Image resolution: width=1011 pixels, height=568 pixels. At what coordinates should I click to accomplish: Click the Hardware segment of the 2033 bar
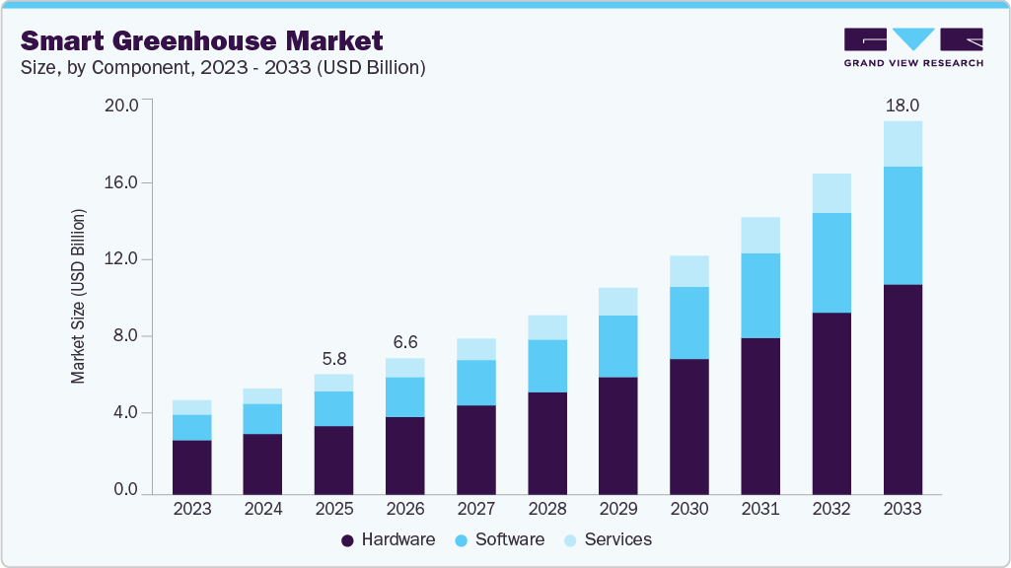click(x=903, y=390)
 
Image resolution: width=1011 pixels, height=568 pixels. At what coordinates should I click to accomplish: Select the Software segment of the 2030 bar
click(x=689, y=322)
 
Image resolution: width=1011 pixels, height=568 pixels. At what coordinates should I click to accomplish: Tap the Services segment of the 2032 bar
click(x=831, y=193)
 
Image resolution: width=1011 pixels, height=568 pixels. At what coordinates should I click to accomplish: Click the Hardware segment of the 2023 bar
click(x=191, y=466)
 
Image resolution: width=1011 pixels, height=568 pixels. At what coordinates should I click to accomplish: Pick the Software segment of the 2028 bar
click(x=547, y=366)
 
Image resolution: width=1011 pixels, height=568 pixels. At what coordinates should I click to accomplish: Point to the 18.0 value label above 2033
click(x=903, y=106)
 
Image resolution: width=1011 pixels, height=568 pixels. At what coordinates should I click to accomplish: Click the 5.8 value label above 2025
click(x=333, y=359)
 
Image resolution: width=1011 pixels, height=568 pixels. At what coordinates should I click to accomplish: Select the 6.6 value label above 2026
click(x=404, y=342)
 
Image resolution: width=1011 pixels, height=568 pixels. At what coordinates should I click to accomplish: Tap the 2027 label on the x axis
click(x=476, y=509)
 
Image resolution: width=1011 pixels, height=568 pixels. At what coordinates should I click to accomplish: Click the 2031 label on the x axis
click(x=760, y=509)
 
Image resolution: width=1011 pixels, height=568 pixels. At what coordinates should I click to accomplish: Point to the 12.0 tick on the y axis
click(x=123, y=259)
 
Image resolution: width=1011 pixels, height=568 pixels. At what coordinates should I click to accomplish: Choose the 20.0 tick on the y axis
click(x=123, y=105)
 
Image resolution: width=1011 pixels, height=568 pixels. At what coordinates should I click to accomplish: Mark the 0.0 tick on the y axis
click(x=126, y=490)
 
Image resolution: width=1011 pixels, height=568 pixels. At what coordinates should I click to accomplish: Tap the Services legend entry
click(x=608, y=539)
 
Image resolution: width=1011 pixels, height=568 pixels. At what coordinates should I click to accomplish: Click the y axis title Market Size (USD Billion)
click(x=78, y=296)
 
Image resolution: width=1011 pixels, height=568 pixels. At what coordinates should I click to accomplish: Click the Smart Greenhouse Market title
click(x=202, y=41)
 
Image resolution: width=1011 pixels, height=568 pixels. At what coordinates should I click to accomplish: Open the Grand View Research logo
click(x=913, y=46)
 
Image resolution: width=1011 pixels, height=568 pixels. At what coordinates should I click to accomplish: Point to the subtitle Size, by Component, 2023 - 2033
click(x=223, y=68)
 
